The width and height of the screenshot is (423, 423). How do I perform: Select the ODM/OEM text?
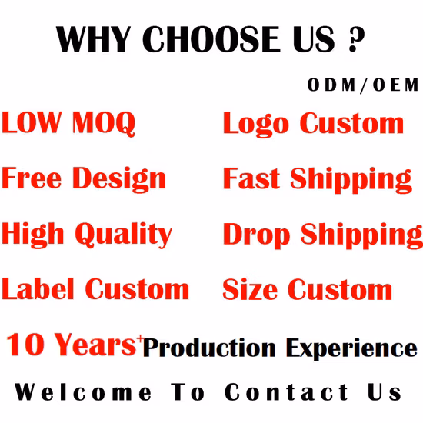(363, 85)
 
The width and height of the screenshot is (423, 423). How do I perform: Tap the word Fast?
(252, 179)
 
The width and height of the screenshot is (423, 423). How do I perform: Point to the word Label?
(38, 290)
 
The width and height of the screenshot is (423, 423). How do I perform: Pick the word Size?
(248, 291)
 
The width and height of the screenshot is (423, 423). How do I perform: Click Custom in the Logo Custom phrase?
(351, 123)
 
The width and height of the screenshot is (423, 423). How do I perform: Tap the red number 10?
(29, 345)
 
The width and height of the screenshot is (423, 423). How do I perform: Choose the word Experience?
(351, 349)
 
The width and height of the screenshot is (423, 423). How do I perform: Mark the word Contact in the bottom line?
(287, 392)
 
